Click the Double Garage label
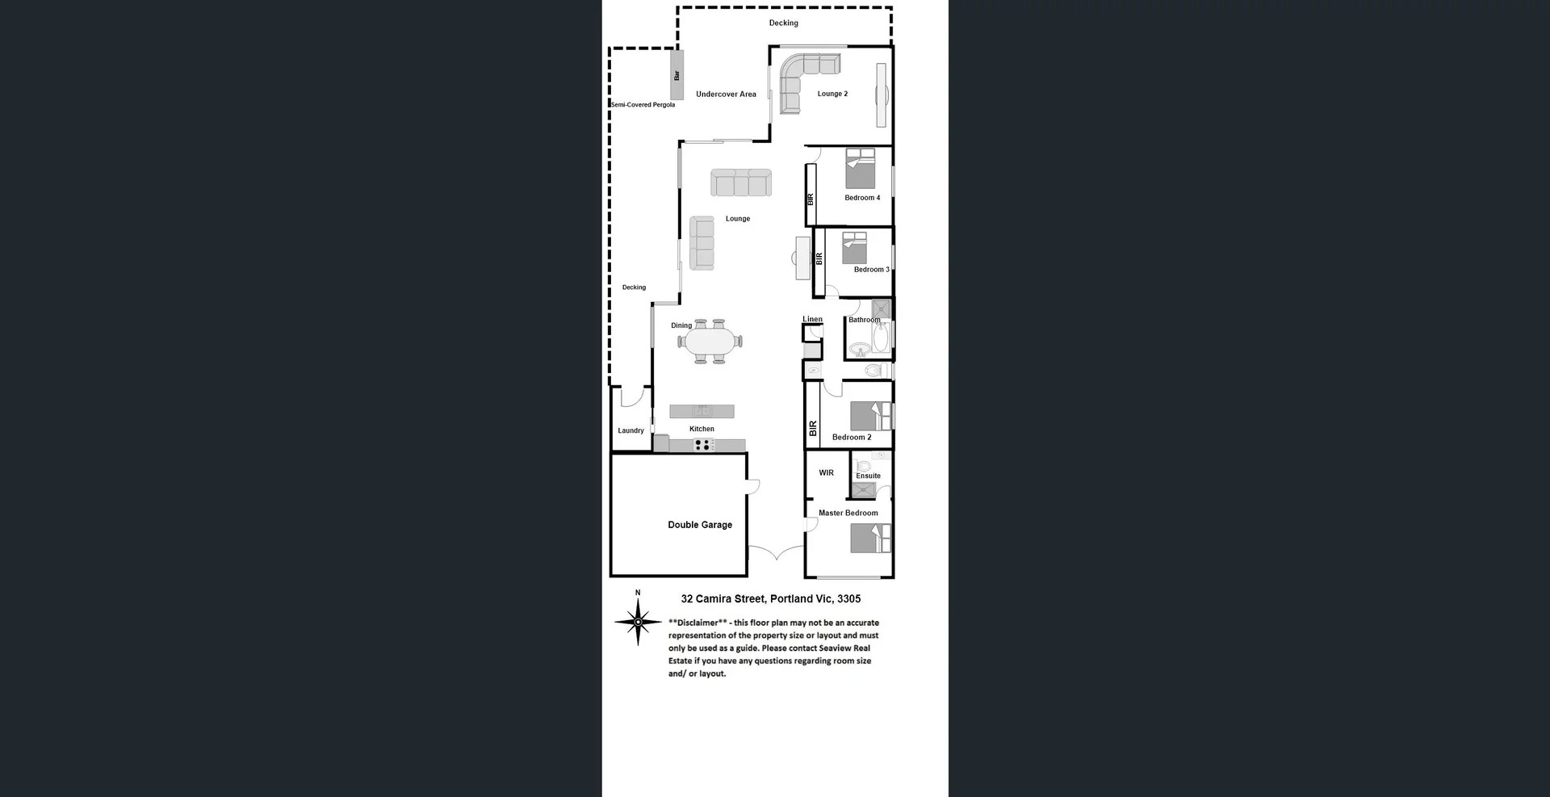[x=699, y=525]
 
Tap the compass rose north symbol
[x=638, y=621]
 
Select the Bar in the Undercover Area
[x=677, y=75]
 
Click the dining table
[x=710, y=342]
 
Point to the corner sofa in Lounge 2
[x=799, y=77]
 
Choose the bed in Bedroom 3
[x=854, y=248]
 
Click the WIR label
[x=826, y=473]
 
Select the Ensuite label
[x=868, y=476]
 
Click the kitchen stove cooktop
[x=703, y=444]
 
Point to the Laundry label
[x=630, y=430]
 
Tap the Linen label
[x=812, y=319]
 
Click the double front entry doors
[x=775, y=553]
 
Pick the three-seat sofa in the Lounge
[x=740, y=182]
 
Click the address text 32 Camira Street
[x=770, y=598]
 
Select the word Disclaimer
[x=697, y=623]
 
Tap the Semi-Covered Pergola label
[x=643, y=105]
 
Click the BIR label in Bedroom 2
[x=813, y=428]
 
